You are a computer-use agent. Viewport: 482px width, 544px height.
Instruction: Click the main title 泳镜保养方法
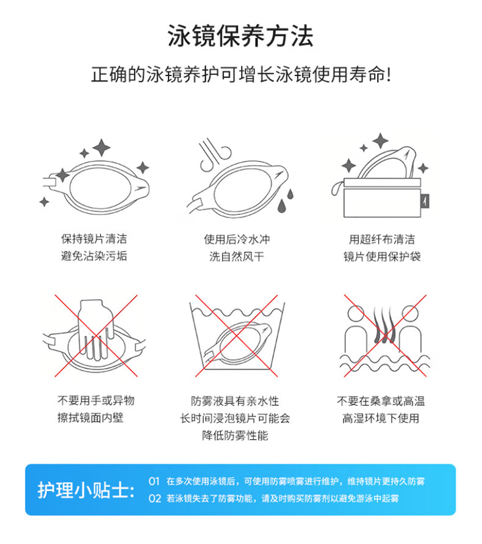(240, 36)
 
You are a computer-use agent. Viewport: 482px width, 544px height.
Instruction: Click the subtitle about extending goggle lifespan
(241, 74)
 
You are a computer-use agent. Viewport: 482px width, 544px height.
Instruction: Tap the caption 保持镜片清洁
(94, 239)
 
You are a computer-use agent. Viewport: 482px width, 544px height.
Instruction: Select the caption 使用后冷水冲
(237, 239)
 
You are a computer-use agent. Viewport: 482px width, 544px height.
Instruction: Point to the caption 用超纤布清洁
(382, 239)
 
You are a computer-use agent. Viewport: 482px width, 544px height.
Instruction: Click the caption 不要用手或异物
(96, 400)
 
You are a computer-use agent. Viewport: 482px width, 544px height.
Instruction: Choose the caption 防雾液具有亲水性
(235, 401)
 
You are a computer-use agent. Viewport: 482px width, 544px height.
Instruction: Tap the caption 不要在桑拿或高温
(381, 401)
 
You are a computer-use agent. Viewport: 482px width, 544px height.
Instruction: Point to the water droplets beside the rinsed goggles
(285, 200)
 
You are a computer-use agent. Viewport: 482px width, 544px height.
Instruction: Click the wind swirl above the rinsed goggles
(215, 154)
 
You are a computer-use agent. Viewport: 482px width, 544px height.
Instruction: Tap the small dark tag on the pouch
(425, 201)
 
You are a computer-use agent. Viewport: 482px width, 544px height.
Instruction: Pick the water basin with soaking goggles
(237, 336)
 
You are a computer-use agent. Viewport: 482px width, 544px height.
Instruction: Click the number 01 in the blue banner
(154, 481)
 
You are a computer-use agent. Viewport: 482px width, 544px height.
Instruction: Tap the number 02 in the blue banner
(154, 498)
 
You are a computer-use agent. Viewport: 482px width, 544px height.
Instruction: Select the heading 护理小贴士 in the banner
(86, 490)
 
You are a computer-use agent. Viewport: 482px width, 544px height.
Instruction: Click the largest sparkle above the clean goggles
(101, 148)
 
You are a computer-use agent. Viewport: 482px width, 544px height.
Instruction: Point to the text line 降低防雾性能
(235, 436)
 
